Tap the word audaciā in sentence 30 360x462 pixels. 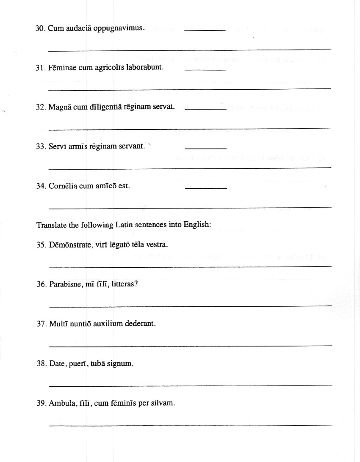click(x=77, y=28)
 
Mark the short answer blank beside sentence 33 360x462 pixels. click(x=206, y=148)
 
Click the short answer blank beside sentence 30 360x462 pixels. click(x=205, y=30)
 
